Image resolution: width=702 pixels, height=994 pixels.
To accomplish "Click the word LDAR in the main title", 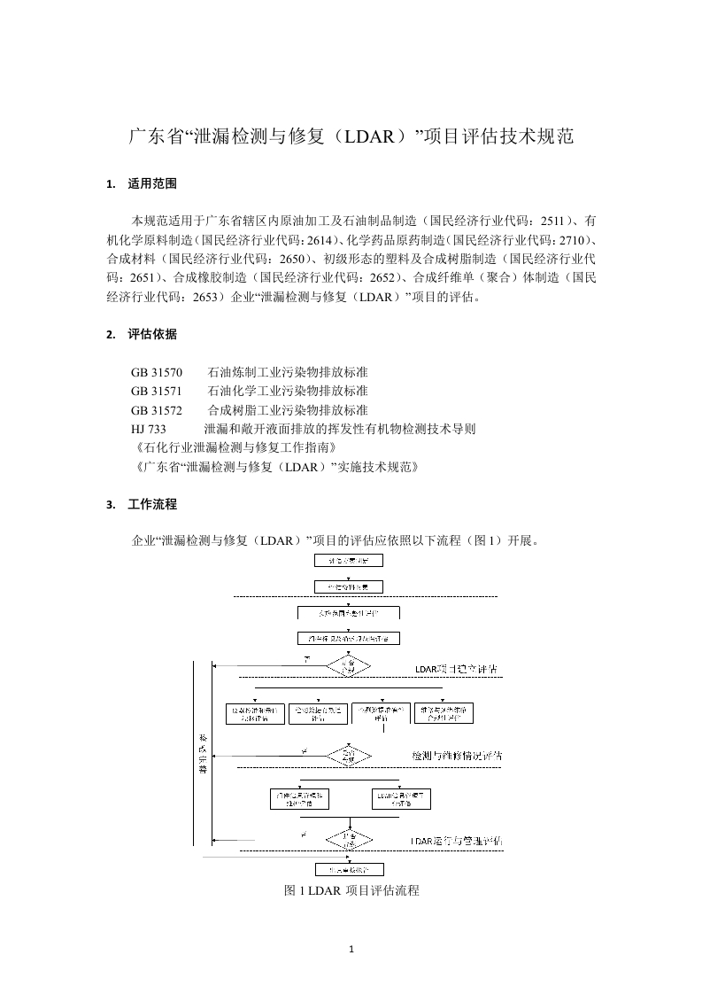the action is pyautogui.click(x=372, y=137).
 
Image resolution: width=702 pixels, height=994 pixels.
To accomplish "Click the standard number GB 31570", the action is pyautogui.click(x=157, y=372).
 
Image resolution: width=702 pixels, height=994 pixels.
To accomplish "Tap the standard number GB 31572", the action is pyautogui.click(x=157, y=410).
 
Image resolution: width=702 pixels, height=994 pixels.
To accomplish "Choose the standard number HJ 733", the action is pyautogui.click(x=149, y=429).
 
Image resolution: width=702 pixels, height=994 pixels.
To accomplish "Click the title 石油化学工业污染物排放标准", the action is pyautogui.click(x=288, y=391).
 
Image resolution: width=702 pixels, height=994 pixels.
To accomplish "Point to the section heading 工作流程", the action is pyautogui.click(x=152, y=504).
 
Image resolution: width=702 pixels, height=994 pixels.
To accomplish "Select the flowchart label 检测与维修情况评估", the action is pyautogui.click(x=457, y=756).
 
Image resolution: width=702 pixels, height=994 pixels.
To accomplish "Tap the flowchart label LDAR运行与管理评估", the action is pyautogui.click(x=457, y=839).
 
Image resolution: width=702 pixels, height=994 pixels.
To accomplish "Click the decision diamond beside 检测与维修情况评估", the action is pyautogui.click(x=347, y=756).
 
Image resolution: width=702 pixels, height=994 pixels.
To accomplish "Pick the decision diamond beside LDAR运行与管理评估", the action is pyautogui.click(x=347, y=838).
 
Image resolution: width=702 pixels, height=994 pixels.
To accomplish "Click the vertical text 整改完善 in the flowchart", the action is pyautogui.click(x=202, y=754).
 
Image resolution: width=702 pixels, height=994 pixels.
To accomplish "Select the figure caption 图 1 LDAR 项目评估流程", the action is pyautogui.click(x=351, y=890).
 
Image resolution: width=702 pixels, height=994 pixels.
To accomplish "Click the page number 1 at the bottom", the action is pyautogui.click(x=351, y=951).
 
